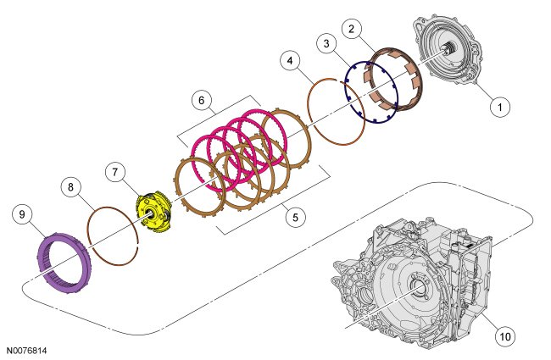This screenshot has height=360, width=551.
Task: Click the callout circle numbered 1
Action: (500, 106)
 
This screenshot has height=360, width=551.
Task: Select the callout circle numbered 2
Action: (352, 28)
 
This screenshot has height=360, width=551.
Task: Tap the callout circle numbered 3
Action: (327, 43)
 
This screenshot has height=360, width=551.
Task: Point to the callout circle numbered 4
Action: (290, 61)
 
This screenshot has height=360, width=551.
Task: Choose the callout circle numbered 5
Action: (295, 217)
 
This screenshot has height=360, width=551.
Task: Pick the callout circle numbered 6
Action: (202, 100)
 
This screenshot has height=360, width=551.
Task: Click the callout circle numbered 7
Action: (115, 172)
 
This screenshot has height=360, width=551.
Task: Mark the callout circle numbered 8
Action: (70, 187)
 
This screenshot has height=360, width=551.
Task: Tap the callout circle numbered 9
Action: (22, 214)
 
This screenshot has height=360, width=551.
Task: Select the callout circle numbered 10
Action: (505, 336)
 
